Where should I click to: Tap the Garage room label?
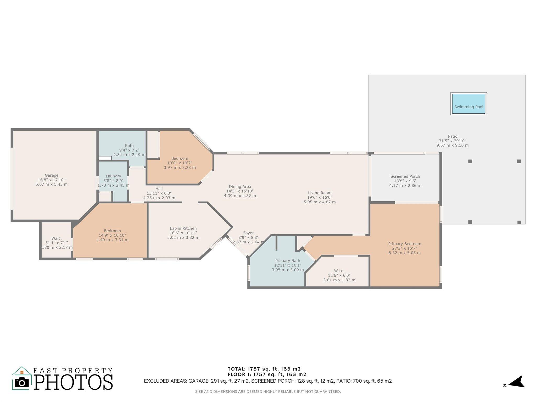coord(52,175)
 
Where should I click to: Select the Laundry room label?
coord(113,176)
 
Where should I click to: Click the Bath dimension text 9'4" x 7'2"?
coord(129,150)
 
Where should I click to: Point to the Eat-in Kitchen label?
coord(183,228)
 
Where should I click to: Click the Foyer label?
coord(248,233)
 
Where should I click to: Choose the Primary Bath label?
coord(288,260)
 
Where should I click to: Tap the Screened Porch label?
coord(405,176)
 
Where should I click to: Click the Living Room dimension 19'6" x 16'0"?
coord(320,197)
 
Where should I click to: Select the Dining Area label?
coord(240,187)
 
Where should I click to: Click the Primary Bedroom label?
coord(405,244)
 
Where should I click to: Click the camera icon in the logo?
coord(22,383)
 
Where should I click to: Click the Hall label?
coord(159,189)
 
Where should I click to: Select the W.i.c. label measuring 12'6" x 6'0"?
coord(339,271)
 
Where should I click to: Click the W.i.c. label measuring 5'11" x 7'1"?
coord(57,238)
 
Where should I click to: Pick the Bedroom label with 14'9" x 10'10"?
coord(112,231)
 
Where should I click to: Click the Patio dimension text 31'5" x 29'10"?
coord(453,141)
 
